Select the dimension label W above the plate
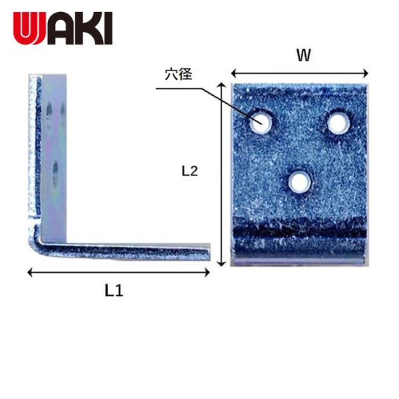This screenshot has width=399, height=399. [303, 57]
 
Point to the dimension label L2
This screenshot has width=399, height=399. [190, 171]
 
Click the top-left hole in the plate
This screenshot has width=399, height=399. [260, 122]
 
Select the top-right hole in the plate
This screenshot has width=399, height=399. [338, 122]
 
